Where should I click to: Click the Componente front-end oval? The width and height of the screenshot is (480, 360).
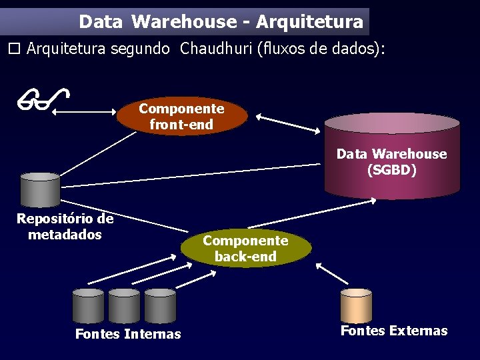point(181,117)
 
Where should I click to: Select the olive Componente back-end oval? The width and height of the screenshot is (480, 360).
point(245,248)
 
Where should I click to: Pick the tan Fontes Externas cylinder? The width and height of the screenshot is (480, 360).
point(356,305)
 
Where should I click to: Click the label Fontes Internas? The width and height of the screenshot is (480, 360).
point(128,334)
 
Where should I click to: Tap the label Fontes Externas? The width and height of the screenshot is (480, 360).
point(394,331)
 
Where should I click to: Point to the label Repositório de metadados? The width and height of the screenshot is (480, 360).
point(65,227)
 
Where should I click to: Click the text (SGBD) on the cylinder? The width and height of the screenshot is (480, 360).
point(392,170)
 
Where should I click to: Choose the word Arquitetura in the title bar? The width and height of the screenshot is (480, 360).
point(309,22)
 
